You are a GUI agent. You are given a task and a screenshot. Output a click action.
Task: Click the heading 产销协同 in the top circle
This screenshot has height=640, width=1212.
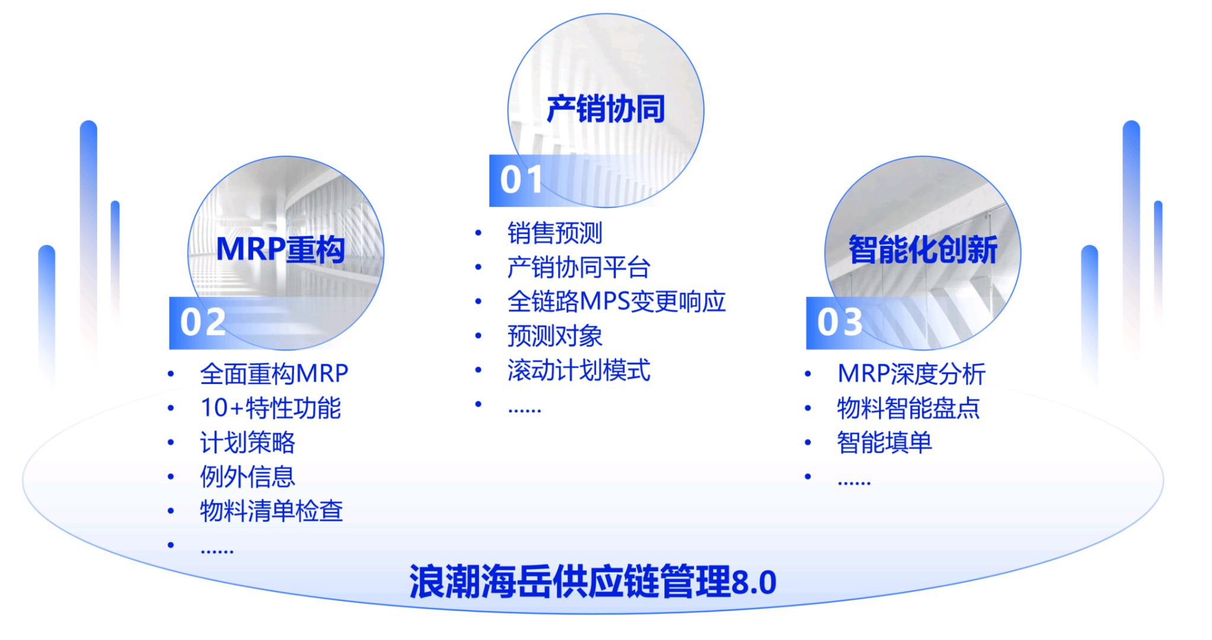tap(605, 109)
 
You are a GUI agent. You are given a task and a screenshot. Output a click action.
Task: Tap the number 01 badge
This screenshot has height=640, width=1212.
tap(521, 180)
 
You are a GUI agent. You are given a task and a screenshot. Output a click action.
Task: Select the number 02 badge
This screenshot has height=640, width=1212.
tap(203, 322)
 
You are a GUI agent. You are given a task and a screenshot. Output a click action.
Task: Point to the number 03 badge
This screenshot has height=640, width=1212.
tap(839, 322)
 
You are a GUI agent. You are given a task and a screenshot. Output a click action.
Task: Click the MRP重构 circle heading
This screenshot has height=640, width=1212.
tap(280, 249)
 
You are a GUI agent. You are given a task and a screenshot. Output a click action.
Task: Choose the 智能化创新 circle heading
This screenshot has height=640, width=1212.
tap(923, 249)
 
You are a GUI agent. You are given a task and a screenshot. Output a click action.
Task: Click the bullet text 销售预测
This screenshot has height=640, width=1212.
tap(555, 233)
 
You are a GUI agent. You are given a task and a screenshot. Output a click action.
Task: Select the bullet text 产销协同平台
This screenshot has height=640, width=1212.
tap(579, 267)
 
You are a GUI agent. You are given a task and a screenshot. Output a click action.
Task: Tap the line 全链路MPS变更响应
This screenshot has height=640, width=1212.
tap(616, 302)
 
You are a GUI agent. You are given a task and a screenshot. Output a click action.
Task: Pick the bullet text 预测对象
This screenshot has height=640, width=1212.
tap(555, 336)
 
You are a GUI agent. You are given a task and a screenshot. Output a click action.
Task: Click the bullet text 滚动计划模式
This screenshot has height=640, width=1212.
tap(579, 370)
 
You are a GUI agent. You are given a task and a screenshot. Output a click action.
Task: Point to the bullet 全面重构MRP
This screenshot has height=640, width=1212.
tap(274, 374)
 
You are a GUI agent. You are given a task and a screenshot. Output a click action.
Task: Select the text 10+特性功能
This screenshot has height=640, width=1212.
tap(271, 408)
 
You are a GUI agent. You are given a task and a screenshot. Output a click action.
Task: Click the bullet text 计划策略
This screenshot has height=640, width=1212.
tap(248, 443)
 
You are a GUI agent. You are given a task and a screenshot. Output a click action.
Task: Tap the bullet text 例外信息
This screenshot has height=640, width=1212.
tap(248, 477)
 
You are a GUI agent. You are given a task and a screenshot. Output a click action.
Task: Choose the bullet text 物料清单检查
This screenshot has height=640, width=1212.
tap(271, 511)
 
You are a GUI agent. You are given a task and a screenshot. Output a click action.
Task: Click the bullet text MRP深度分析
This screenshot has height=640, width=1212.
tap(912, 374)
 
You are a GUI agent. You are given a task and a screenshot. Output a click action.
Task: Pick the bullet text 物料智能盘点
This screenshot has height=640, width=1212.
tap(909, 408)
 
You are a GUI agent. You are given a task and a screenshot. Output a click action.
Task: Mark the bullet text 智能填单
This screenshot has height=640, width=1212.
tap(884, 443)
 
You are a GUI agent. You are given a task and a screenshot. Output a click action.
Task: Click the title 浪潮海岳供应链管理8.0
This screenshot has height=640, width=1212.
tap(593, 582)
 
